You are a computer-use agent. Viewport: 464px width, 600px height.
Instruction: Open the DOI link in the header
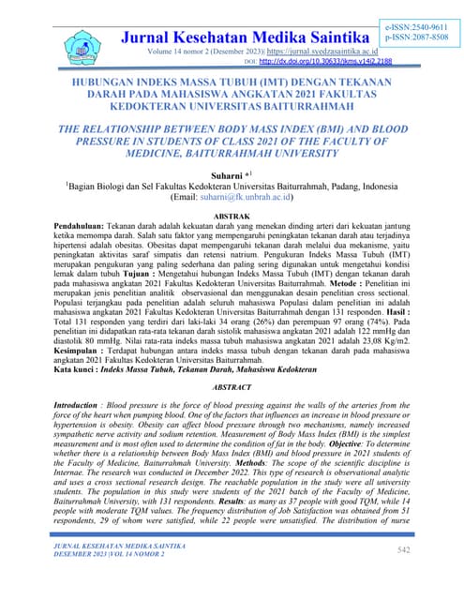pyautogui.click(x=312, y=62)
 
